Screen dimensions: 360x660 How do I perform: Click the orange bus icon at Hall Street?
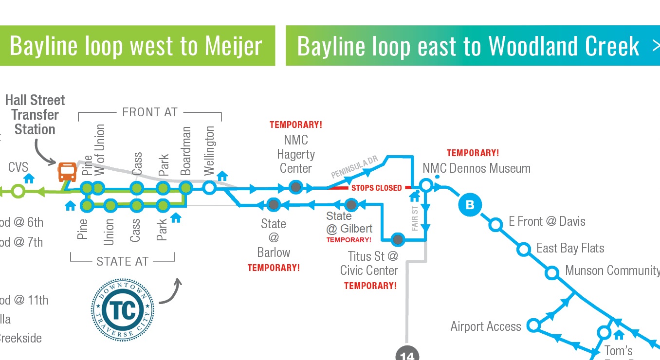[67, 172]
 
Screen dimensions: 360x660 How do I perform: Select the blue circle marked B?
[470, 205]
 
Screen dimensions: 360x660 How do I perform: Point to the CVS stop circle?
[18, 191]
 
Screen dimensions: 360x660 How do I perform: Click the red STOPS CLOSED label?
[377, 188]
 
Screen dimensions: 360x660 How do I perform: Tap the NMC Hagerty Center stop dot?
[295, 187]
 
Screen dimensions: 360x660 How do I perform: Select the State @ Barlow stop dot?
[274, 205]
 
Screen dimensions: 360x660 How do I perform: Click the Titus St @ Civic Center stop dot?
[398, 239]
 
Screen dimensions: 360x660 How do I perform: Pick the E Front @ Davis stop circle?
[495, 224]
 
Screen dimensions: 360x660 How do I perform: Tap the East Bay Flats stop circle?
[524, 250]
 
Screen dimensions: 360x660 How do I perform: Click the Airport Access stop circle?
[533, 325]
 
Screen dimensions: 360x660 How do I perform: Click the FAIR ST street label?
[415, 217]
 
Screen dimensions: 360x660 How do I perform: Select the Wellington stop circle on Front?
[209, 187]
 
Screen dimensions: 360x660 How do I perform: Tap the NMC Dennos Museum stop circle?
[426, 185]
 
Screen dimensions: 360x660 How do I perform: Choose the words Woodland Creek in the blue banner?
[564, 46]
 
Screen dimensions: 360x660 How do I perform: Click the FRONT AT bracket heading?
[149, 112]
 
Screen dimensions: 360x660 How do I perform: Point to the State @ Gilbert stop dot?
[351, 205]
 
